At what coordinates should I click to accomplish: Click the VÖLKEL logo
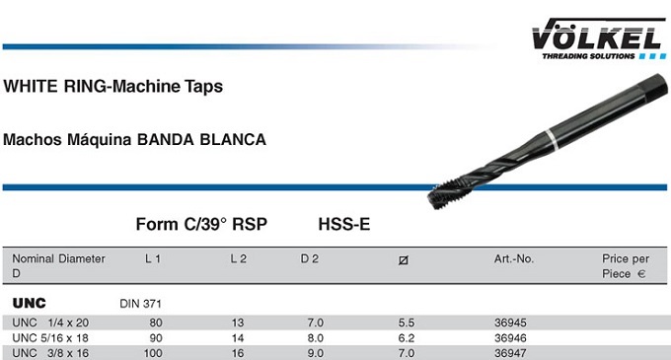(599, 38)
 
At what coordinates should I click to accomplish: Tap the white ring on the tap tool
(552, 140)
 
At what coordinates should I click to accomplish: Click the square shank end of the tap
(655, 88)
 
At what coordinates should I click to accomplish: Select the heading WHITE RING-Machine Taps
(112, 87)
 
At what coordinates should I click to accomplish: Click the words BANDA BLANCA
(201, 140)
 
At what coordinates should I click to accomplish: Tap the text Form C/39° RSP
(201, 224)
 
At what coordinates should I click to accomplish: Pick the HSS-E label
(344, 224)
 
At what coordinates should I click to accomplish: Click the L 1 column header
(153, 258)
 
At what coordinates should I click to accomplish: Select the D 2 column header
(310, 258)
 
